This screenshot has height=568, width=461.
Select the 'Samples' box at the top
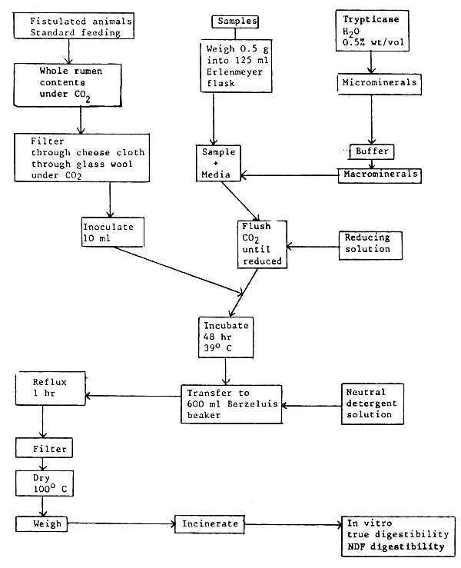(234, 22)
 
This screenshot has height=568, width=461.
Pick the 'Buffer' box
(373, 151)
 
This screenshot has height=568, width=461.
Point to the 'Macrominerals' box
(380, 174)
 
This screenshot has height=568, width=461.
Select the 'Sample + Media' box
(219, 164)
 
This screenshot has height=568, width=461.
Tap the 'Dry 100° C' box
(42, 484)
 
